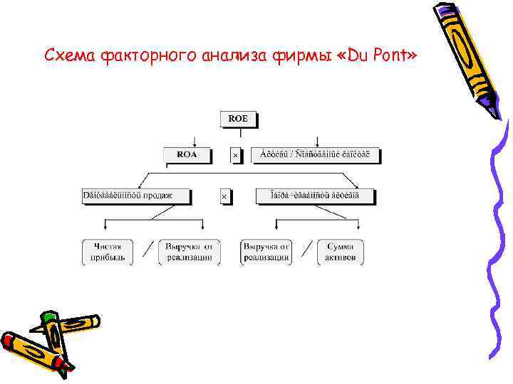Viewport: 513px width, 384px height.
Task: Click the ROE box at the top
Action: tap(238, 119)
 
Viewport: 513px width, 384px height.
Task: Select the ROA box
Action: tap(187, 154)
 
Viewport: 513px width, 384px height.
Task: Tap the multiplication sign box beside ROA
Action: tap(236, 154)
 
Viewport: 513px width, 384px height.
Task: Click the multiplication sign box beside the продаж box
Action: tap(224, 196)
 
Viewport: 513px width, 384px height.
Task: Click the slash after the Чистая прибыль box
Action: tap(148, 250)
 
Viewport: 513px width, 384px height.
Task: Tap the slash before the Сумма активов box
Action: tap(307, 250)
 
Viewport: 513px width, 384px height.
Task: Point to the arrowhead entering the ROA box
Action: tap(195, 144)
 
